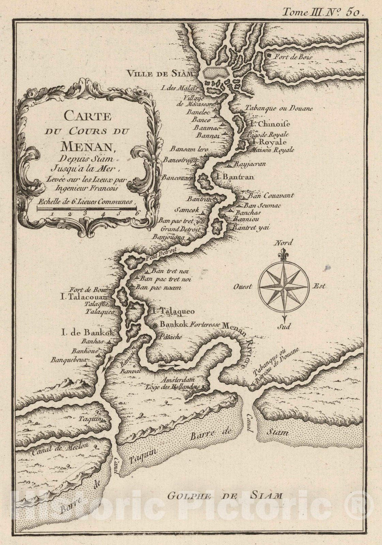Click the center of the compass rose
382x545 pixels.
coord(284,286)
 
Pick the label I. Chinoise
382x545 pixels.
coord(270,124)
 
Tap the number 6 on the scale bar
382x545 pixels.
coord(136,214)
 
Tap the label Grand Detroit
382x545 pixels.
coord(180,229)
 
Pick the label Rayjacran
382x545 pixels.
coord(250,164)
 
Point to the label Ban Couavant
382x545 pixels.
coord(271,196)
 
